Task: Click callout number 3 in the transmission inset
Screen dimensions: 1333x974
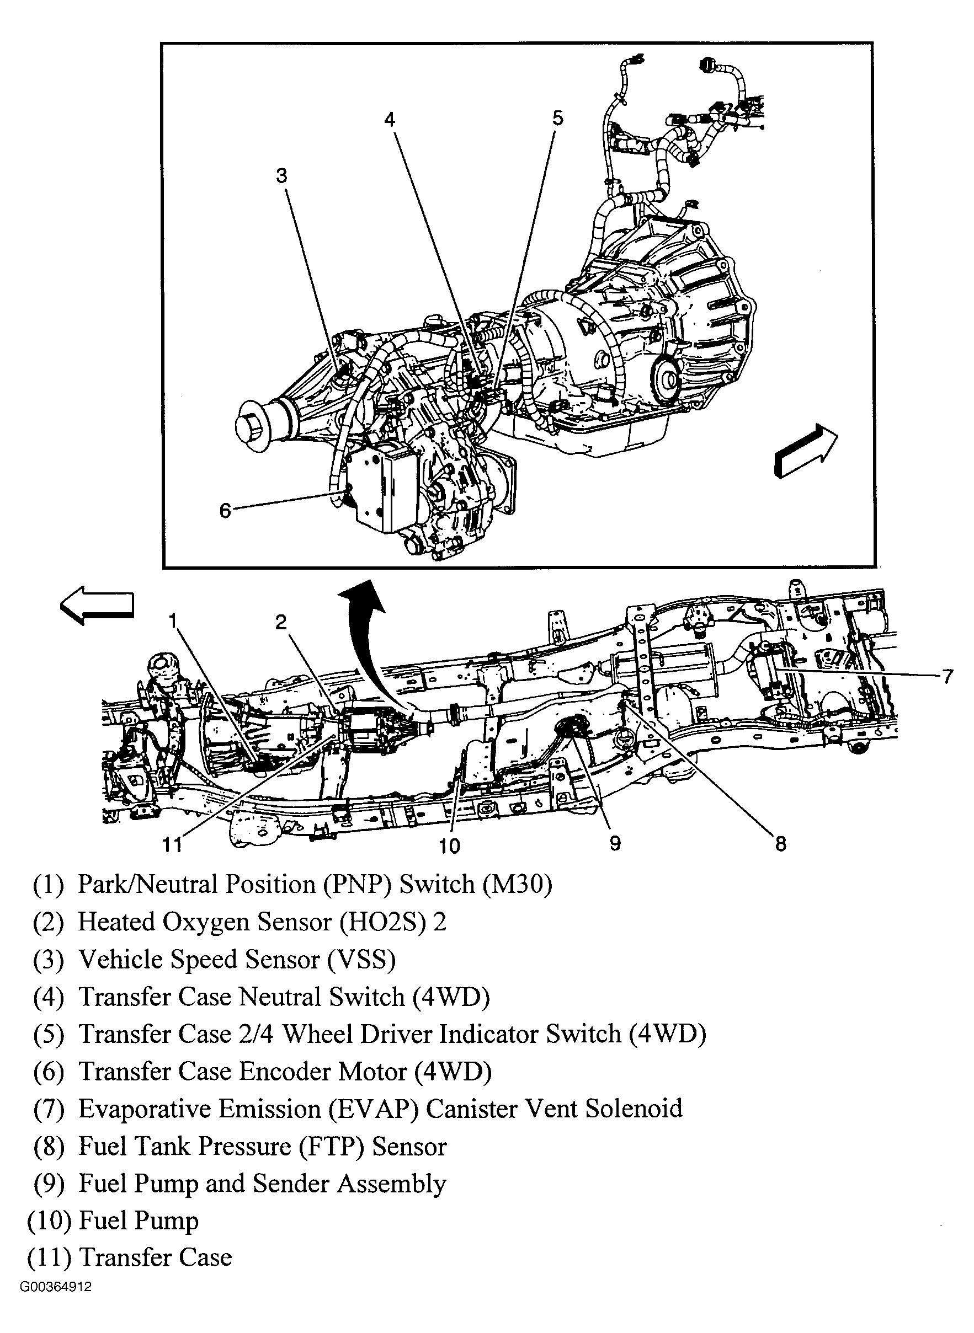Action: coord(282,175)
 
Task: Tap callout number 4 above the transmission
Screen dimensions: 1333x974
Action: coord(390,120)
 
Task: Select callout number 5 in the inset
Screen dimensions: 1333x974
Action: coord(557,118)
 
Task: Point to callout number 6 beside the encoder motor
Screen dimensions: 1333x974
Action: coord(225,510)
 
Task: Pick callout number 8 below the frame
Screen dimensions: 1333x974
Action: coord(781,844)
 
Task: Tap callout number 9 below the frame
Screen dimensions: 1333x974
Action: coord(615,843)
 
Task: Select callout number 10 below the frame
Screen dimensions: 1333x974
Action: coord(449,846)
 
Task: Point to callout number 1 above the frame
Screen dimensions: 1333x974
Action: coord(173,620)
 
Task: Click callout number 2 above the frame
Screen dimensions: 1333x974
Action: coord(281,622)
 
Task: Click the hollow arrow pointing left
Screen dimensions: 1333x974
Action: coord(97,604)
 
